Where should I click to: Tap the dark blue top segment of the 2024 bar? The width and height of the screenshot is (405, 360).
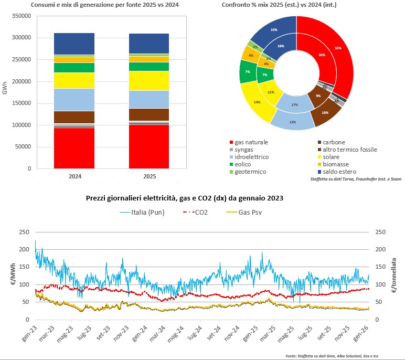[74, 44]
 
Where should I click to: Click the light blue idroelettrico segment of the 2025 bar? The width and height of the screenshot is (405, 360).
[149, 99]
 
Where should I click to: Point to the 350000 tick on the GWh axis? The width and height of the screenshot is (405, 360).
[20, 16]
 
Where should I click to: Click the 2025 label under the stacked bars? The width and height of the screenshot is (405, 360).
[149, 176]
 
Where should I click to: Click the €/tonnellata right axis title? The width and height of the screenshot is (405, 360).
[399, 274]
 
